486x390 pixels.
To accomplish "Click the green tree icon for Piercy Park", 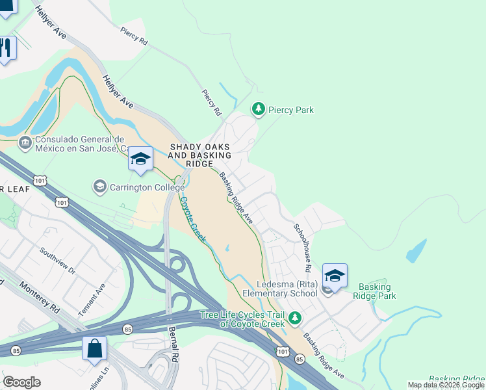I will pyautogui.click(x=259, y=109).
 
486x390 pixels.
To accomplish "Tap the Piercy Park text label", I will pyautogui.click(x=291, y=110).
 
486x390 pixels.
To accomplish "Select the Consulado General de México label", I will pyautogui.click(x=80, y=144).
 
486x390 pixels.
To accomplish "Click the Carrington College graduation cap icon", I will pyautogui.click(x=99, y=187).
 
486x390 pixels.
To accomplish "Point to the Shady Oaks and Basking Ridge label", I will pyautogui.click(x=200, y=156).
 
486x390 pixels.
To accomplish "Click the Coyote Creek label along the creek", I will pyautogui.click(x=193, y=220).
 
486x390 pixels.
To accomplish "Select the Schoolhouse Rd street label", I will pyautogui.click(x=303, y=248).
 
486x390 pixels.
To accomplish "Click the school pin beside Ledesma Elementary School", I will pyautogui.click(x=335, y=276).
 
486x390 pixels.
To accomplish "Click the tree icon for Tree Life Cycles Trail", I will pyautogui.click(x=295, y=318).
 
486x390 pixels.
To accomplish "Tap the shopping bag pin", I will pyautogui.click(x=94, y=348).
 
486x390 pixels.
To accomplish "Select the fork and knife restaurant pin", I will pyautogui.click(x=6, y=48).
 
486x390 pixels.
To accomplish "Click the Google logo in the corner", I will pyautogui.click(x=22, y=382).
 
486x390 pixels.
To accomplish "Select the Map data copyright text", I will pyautogui.click(x=446, y=385).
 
